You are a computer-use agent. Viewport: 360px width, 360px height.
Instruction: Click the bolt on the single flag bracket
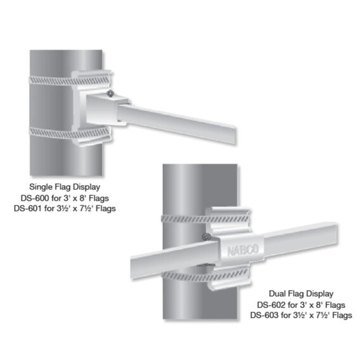110,94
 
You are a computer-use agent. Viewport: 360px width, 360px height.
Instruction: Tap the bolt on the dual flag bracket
207,236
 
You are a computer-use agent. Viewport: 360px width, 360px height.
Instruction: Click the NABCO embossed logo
243,250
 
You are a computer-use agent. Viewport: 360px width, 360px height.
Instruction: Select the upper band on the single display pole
69,80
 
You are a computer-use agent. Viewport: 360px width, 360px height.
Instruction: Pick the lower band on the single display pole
69,133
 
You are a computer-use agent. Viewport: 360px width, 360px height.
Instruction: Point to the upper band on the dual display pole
205,219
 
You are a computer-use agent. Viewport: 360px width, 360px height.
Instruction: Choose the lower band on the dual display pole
205,275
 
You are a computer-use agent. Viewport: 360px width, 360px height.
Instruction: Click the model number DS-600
35,198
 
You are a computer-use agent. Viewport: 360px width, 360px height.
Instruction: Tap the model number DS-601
28,209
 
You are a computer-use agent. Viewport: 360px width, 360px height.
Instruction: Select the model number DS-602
271,305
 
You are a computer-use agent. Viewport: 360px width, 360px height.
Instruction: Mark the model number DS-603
264,315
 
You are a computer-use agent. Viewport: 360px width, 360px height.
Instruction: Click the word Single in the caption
41,187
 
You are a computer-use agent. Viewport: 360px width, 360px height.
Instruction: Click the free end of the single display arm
235,135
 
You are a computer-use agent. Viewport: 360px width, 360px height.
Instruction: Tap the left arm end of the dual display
132,267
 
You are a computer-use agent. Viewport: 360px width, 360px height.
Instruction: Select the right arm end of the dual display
336,234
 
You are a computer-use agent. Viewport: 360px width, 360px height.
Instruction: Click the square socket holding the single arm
106,110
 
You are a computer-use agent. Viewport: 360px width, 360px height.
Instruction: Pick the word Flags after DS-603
342,316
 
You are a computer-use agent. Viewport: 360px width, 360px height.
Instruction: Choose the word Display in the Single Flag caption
86,187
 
